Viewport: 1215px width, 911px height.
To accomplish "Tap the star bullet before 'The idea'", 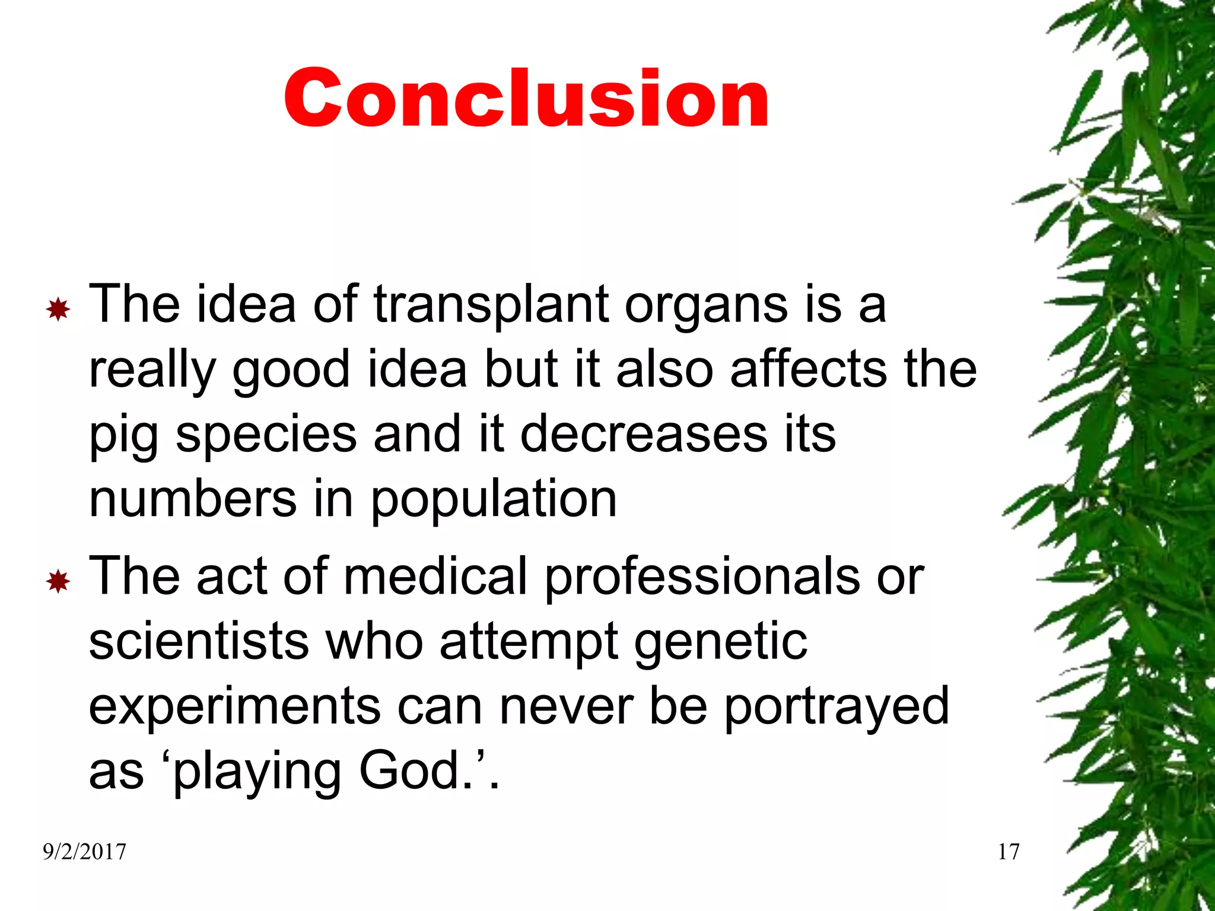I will pos(58,310).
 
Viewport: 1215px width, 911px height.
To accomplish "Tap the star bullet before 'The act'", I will pos(58,582).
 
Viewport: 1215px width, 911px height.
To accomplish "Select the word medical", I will pos(435,576).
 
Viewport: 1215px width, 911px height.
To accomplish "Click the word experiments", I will pos(234,708).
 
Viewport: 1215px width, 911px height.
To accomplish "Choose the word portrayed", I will pos(836,708).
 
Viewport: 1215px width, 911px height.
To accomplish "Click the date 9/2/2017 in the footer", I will pos(84,852).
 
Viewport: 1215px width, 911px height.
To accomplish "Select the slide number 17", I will pos(1009,852).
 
